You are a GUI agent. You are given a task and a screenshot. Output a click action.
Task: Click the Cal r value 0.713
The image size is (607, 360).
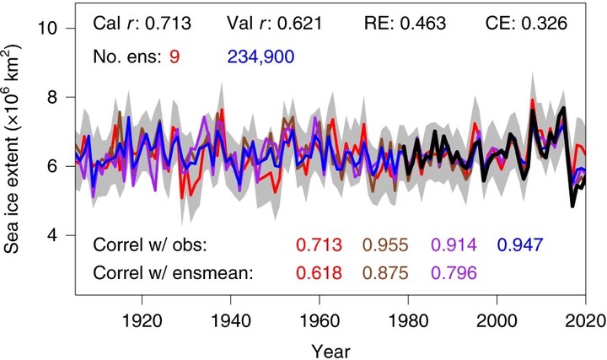point(168,24)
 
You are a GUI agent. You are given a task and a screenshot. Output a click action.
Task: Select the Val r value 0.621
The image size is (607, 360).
point(300,24)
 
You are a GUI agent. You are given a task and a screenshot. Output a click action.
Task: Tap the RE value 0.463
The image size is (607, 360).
point(422,24)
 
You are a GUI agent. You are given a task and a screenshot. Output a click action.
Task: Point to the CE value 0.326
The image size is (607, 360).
point(545,24)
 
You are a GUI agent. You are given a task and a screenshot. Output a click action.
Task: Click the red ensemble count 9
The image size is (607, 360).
point(175,56)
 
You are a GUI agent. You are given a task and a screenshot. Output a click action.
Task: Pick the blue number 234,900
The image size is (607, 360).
point(261,56)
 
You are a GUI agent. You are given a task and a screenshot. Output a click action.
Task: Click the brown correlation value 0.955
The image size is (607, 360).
point(385,244)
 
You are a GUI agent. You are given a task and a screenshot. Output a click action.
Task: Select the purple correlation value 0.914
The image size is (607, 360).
point(454,244)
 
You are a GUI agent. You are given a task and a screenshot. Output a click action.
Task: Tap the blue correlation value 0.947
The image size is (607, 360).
point(520,244)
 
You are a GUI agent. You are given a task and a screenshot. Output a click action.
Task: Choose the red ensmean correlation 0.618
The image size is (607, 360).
point(320,273)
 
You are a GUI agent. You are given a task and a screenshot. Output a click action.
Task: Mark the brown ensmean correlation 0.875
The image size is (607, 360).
point(385,273)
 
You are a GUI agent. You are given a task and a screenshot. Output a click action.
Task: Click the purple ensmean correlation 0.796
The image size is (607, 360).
point(454,273)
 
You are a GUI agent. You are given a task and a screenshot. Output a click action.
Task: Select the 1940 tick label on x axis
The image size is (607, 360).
point(231,321)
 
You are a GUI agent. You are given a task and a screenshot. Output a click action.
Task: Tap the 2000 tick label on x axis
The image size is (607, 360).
point(497,321)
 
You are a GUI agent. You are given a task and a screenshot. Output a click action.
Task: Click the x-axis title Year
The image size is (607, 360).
point(331,352)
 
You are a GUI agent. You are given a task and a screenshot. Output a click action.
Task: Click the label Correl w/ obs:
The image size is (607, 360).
point(150,244)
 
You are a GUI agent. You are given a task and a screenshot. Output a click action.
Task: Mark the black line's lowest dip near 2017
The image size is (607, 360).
point(572,207)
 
